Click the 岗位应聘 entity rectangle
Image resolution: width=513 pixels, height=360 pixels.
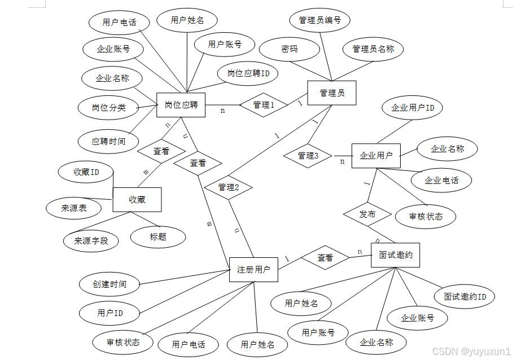click(x=181, y=105)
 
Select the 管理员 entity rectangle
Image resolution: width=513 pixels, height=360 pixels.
click(x=332, y=93)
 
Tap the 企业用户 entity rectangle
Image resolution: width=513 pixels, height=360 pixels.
click(x=376, y=155)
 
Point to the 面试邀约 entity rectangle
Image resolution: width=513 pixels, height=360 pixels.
click(x=395, y=255)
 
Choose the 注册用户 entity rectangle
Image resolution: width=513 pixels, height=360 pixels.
click(x=254, y=270)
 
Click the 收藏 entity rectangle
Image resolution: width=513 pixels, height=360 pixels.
click(x=137, y=199)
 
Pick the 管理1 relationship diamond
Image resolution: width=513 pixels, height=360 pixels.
click(x=264, y=105)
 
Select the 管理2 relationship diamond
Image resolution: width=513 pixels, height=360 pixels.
click(x=228, y=187)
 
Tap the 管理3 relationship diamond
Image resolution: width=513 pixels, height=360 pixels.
click(x=308, y=156)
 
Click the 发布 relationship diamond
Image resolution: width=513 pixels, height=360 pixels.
click(x=367, y=214)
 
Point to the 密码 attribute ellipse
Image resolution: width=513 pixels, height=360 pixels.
click(x=290, y=50)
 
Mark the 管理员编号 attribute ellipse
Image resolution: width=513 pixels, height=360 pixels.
click(x=320, y=20)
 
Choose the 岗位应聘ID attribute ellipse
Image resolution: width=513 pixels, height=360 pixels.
click(x=248, y=73)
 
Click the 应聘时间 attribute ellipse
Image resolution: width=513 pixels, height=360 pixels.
click(x=108, y=142)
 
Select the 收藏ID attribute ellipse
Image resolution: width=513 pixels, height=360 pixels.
click(x=86, y=172)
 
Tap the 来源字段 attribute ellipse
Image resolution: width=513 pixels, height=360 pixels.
click(x=91, y=241)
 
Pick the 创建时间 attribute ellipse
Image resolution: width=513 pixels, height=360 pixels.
click(x=110, y=284)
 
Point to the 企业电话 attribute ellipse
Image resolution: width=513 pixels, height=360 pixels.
click(x=441, y=181)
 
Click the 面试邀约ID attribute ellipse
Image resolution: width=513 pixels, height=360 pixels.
click(x=464, y=297)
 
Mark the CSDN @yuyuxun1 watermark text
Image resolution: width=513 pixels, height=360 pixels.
click(x=471, y=351)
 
